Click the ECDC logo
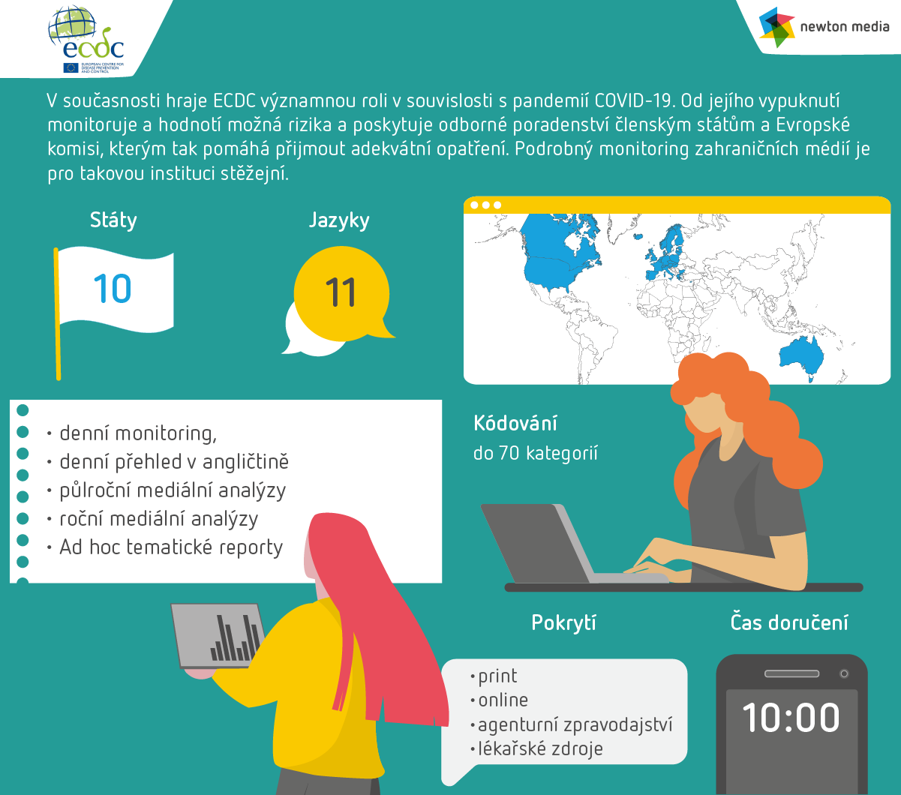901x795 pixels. coord(86,39)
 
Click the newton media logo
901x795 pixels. coord(824,27)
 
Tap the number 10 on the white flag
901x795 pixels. coord(113,289)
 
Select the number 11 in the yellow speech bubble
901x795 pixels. coord(341,292)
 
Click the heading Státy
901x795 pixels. coord(113,220)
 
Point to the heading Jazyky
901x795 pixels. coord(339,220)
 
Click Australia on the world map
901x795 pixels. coord(801,356)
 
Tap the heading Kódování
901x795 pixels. coord(515,423)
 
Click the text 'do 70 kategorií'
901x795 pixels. coord(536,453)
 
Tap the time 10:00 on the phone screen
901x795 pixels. coord(791,718)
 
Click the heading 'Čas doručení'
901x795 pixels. coord(789,622)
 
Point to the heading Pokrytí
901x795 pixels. coord(563,622)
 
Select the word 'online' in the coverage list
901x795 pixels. coord(503,700)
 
